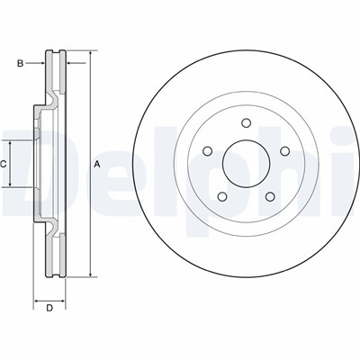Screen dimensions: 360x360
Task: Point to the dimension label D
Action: pyautogui.click(x=49, y=309)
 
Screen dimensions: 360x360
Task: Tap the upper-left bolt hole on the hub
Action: pyautogui.click(x=211, y=151)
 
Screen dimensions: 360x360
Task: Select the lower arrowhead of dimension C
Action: pyautogui.click(x=12, y=184)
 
